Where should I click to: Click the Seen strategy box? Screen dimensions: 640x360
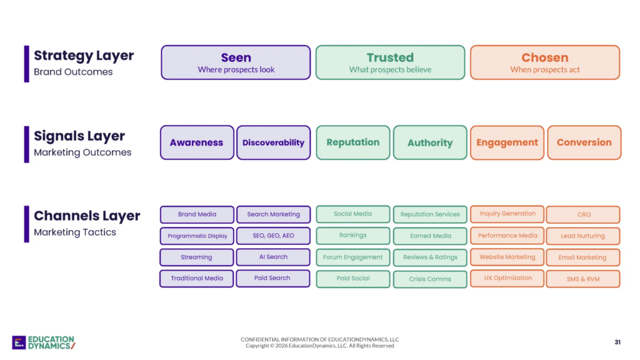click(236, 62)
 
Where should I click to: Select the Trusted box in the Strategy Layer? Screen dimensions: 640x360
click(390, 62)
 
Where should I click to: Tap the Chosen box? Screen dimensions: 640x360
click(545, 62)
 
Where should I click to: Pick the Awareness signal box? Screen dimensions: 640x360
click(197, 142)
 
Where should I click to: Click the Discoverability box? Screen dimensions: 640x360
click(274, 142)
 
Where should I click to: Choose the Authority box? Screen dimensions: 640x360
click(430, 142)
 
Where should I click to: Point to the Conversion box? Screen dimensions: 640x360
click(584, 142)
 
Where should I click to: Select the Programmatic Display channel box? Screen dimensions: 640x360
click(197, 236)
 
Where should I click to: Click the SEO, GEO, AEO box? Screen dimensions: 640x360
click(273, 236)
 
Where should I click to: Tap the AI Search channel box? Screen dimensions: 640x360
click(273, 257)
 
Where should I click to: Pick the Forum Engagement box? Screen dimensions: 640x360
click(352, 257)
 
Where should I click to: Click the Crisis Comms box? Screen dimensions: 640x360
click(430, 279)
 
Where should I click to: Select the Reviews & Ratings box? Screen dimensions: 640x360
click(430, 257)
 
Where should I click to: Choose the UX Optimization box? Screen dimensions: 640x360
click(507, 278)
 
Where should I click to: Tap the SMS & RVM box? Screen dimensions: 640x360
click(583, 279)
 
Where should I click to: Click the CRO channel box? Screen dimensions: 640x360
click(583, 214)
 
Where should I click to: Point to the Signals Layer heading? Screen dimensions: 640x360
click(79, 136)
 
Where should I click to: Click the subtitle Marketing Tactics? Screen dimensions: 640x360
click(75, 232)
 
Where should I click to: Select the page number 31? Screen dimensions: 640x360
click(617, 342)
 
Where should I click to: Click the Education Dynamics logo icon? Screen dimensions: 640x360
click(19, 342)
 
